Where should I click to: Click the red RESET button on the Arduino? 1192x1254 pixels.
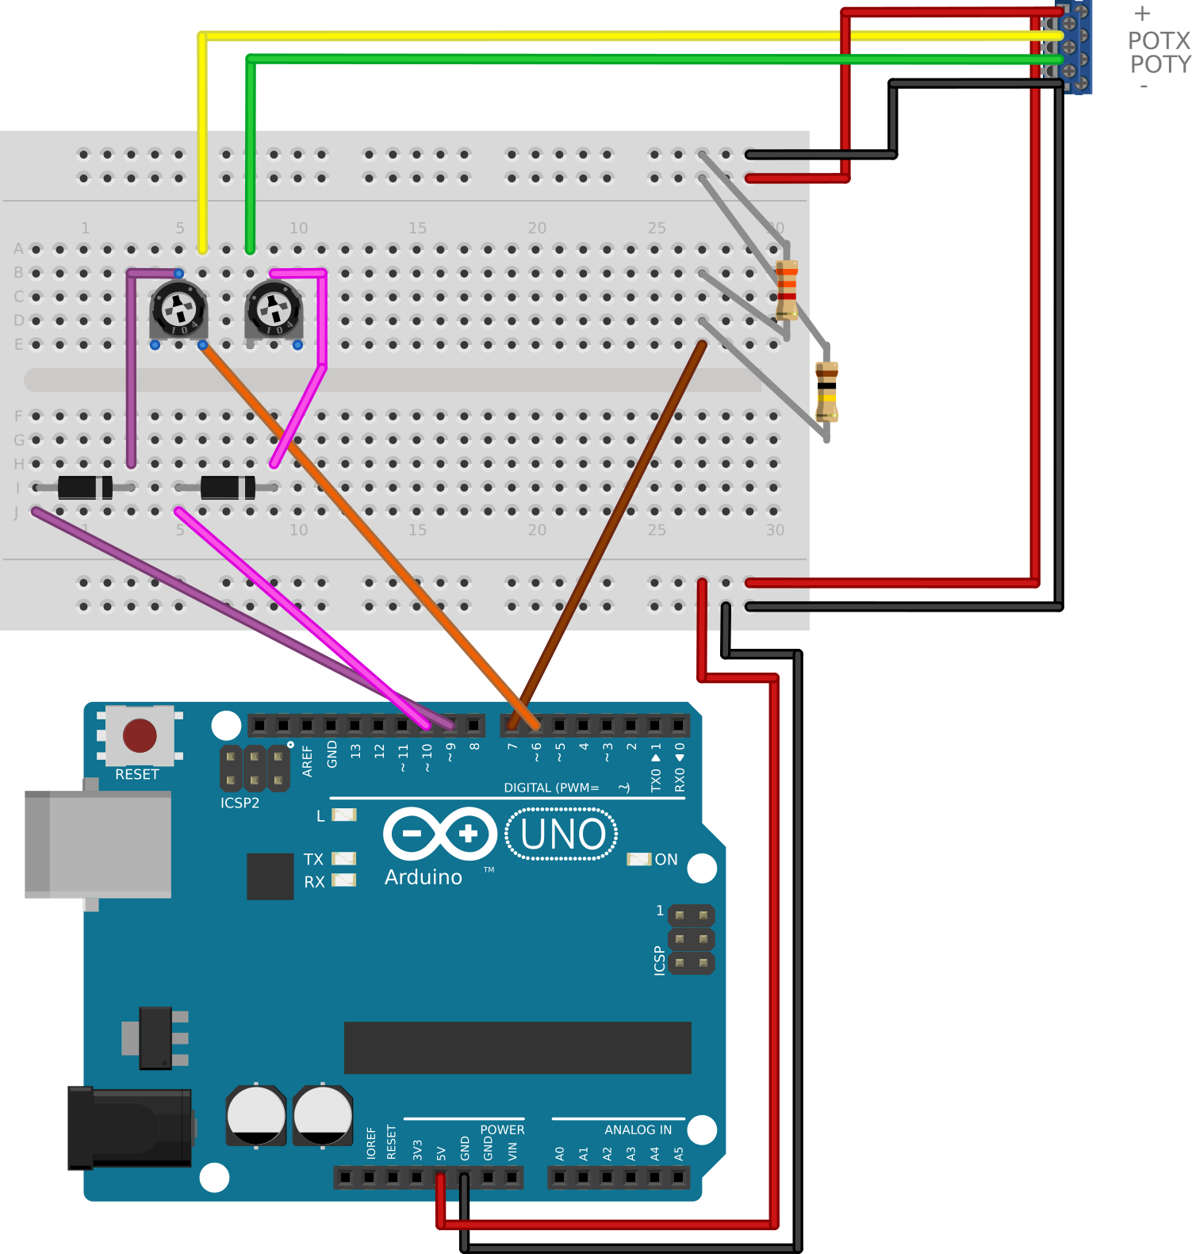[x=140, y=735]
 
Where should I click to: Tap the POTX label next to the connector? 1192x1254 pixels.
[x=1159, y=41]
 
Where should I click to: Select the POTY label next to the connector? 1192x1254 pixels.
[x=1159, y=64]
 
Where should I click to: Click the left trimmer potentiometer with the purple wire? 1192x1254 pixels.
[x=178, y=310]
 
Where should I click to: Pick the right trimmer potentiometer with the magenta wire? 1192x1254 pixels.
[x=274, y=310]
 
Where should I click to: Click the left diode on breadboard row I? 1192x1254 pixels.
[x=84, y=487]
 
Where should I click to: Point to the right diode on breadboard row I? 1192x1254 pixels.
[x=228, y=487]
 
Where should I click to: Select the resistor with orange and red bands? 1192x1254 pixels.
[x=786, y=289]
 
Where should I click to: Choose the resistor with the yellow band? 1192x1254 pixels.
[x=826, y=391]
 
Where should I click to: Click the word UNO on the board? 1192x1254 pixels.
[x=563, y=834]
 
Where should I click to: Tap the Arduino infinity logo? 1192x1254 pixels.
[x=439, y=834]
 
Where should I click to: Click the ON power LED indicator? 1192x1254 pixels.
[x=639, y=860]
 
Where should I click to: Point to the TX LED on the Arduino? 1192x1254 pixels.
[x=343, y=858]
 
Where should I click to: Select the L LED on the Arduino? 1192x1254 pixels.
[x=343, y=815]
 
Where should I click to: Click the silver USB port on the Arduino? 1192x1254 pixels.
[x=98, y=844]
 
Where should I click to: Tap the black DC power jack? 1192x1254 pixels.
[x=129, y=1127]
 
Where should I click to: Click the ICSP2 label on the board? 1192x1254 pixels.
[x=240, y=803]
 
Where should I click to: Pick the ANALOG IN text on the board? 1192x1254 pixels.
[x=638, y=1129]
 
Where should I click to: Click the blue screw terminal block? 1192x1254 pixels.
[x=1076, y=48]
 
